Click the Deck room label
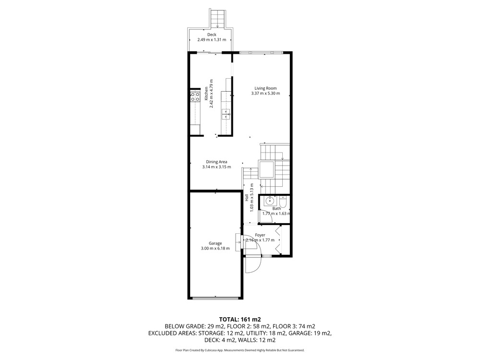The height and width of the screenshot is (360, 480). click(212, 35)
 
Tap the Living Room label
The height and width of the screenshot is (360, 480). click(265, 88)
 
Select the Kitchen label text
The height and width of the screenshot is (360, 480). click(206, 94)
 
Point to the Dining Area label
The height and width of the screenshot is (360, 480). click(216, 162)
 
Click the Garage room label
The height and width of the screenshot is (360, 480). click(215, 243)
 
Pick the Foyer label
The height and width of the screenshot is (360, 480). click(260, 235)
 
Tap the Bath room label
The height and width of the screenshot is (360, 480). click(276, 208)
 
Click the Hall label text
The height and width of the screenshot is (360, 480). click(247, 198)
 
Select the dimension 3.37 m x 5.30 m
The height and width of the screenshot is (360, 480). click(265, 94)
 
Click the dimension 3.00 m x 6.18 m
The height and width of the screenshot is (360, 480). click(215, 248)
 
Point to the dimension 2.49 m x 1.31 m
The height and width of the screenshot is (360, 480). click(212, 39)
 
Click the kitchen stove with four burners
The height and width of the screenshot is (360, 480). click(195, 96)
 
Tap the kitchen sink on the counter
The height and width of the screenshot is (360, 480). click(226, 114)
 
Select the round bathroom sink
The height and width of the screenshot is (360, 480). click(270, 201)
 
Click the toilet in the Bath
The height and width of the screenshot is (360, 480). click(283, 202)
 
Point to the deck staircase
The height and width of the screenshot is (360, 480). click(218, 18)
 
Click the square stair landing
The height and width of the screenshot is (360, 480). click(266, 169)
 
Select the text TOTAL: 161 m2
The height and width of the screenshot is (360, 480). click(240, 320)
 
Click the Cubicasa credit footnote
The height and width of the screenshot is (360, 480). click(240, 350)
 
